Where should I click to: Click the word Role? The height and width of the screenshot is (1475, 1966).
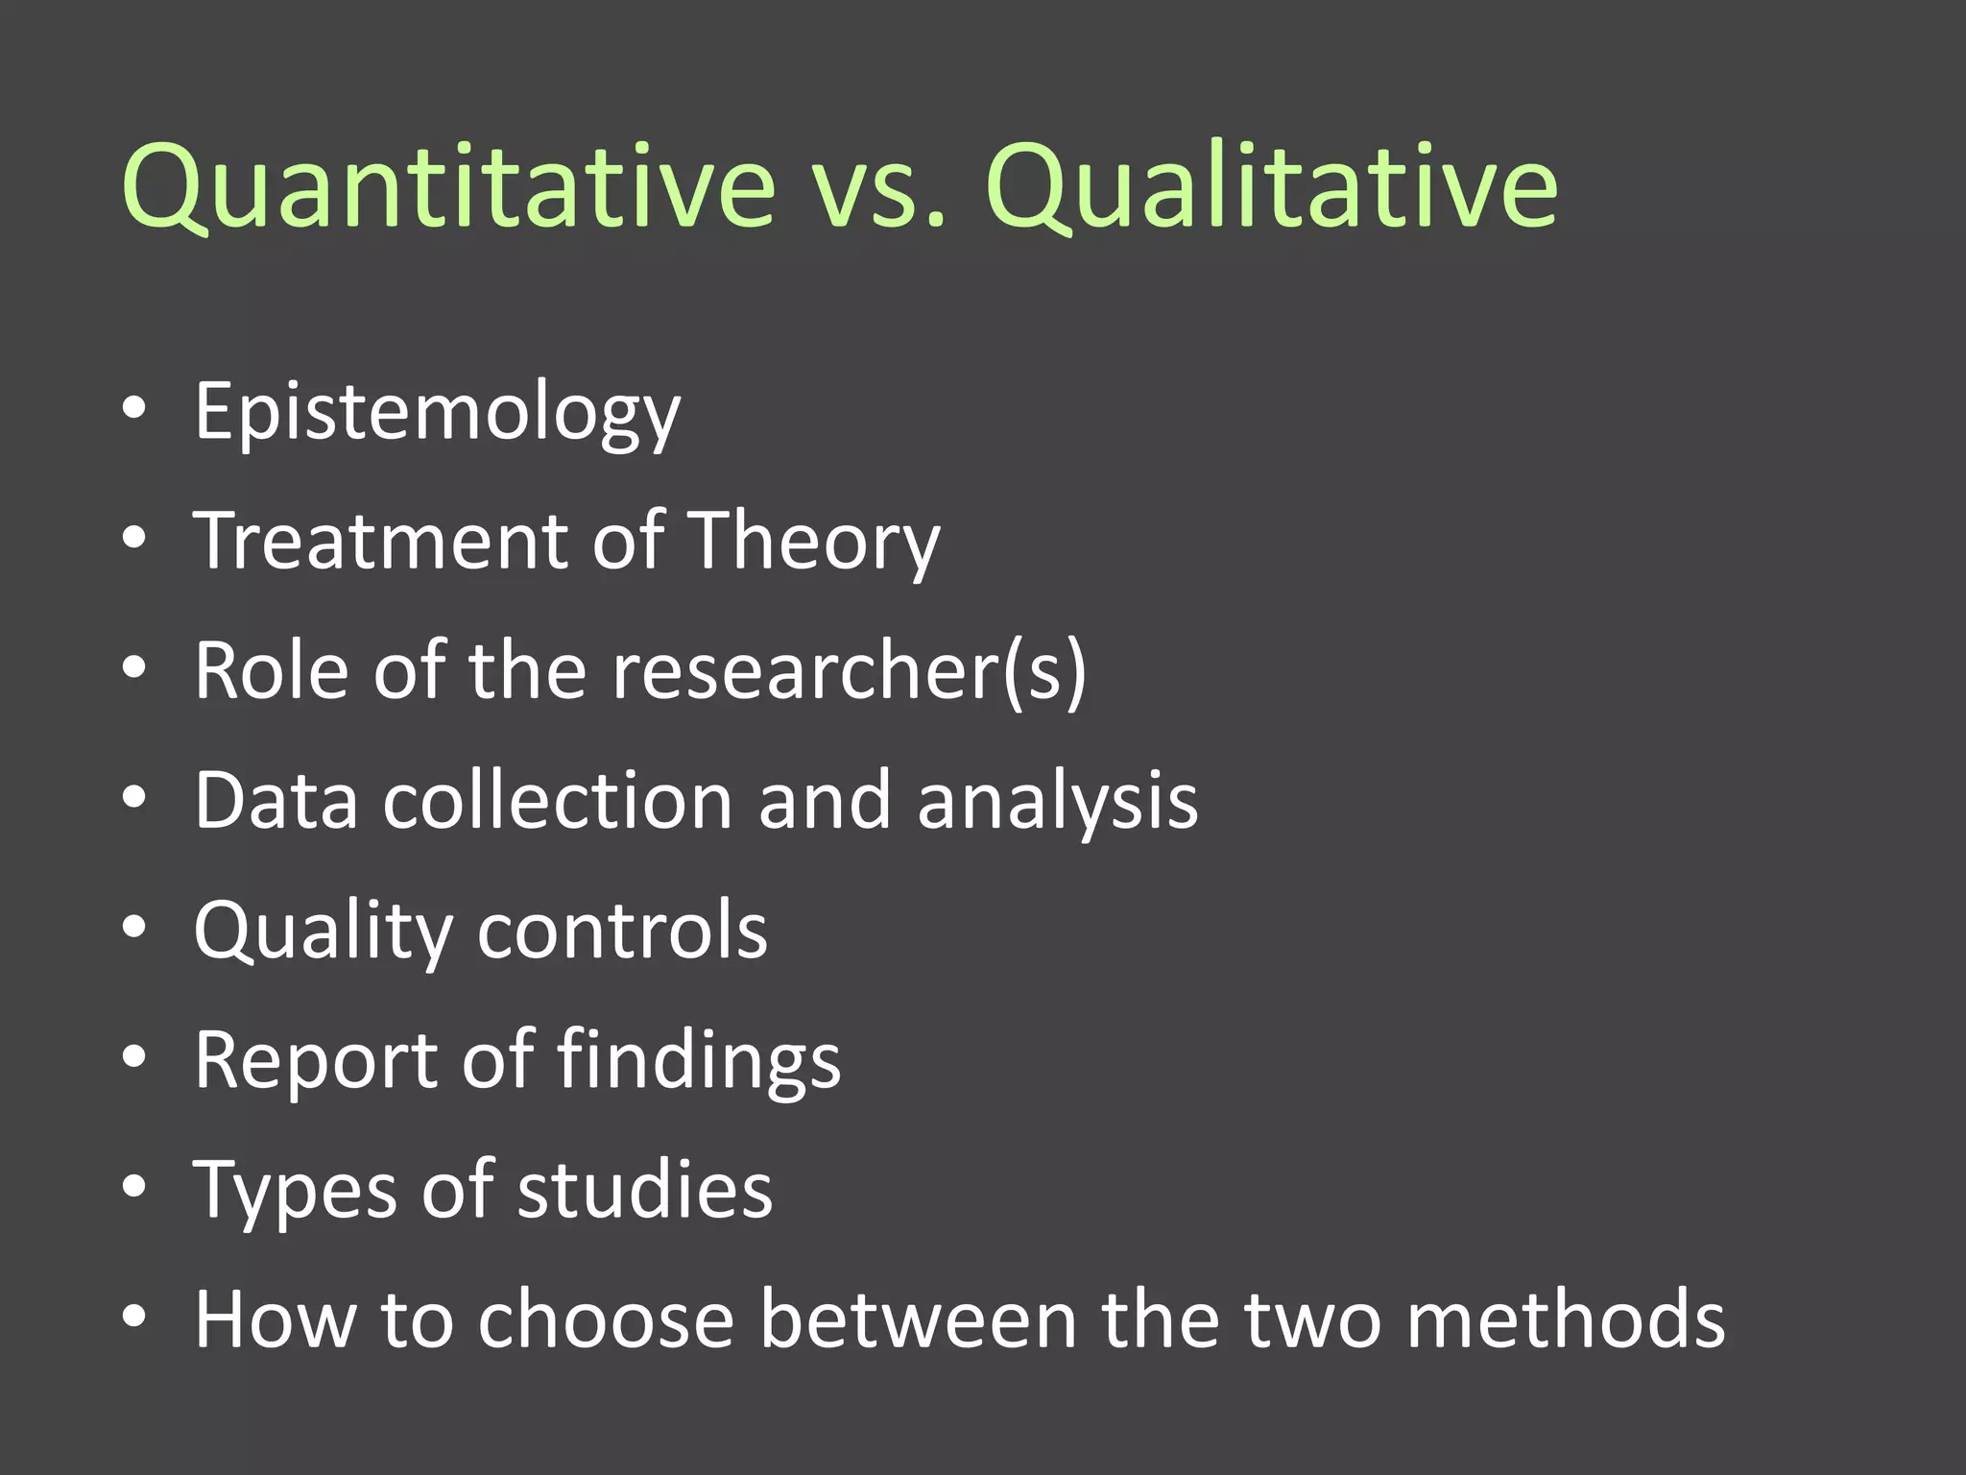pyautogui.click(x=272, y=670)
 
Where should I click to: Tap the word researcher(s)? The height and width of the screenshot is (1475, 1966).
pyautogui.click(x=850, y=670)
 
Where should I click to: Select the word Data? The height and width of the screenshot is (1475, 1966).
pyautogui.click(x=276, y=800)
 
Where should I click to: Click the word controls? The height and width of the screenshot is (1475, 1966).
pyautogui.click(x=623, y=930)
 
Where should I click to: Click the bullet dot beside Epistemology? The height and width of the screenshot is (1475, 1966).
pyautogui.click(x=134, y=409)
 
